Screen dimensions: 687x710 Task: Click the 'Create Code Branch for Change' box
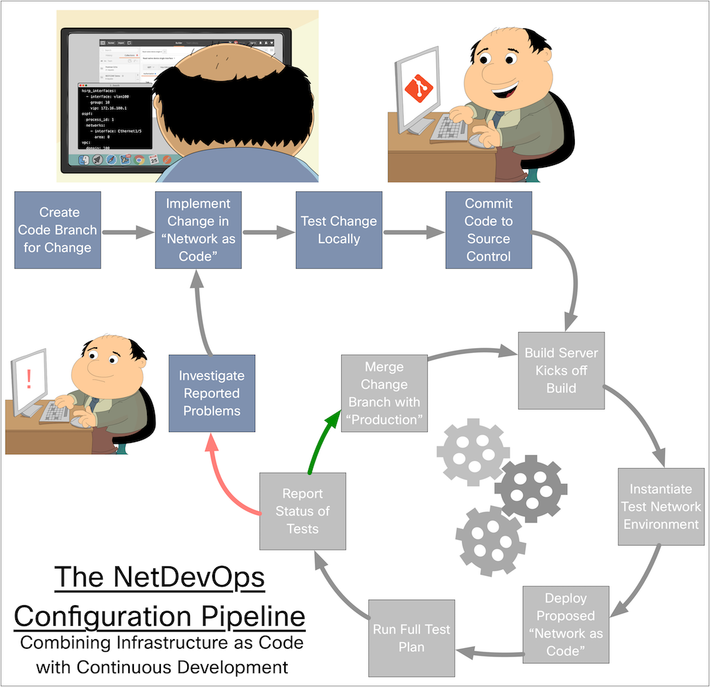[58, 230]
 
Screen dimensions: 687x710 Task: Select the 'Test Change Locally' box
[339, 230]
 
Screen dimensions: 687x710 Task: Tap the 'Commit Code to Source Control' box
[488, 230]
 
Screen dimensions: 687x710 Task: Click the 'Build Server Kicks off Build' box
[561, 370]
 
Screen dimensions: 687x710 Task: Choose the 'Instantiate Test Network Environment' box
[661, 507]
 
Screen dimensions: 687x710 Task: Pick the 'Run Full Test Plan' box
[412, 638]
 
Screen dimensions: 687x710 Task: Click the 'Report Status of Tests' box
[302, 511]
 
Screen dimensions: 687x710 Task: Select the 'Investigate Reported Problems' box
[211, 393]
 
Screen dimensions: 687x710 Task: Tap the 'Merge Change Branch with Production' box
[384, 393]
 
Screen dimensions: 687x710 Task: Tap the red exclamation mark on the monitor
[28, 379]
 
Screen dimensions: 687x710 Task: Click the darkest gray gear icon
[530, 488]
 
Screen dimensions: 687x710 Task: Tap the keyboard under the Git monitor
[449, 129]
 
